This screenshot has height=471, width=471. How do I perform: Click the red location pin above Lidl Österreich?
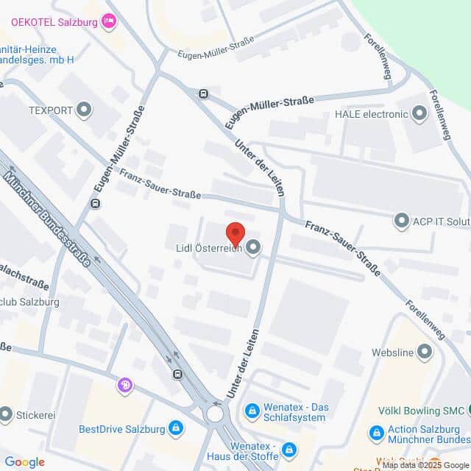[x=235, y=232]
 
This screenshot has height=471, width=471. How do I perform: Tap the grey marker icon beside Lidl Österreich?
[x=253, y=248]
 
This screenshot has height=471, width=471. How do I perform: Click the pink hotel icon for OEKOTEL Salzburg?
[x=110, y=20]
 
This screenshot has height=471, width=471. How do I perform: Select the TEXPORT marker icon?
[x=85, y=111]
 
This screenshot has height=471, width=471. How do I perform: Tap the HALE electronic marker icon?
[x=420, y=113]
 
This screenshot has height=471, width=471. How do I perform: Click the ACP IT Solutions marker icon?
[x=402, y=220]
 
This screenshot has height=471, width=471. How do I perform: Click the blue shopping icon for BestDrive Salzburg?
[x=176, y=428]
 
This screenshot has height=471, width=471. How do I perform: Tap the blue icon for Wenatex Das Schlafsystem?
[x=252, y=409]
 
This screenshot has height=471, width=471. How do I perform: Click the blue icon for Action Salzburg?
[x=376, y=433]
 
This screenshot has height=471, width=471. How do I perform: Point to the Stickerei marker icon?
[x=6, y=415]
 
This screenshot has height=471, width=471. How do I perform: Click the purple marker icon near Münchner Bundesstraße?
[x=126, y=385]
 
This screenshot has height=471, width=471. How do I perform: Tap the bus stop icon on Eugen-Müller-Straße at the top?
[x=203, y=93]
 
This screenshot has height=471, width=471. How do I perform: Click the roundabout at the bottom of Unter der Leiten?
[x=216, y=414]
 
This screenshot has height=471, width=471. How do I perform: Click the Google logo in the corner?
[x=24, y=462]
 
